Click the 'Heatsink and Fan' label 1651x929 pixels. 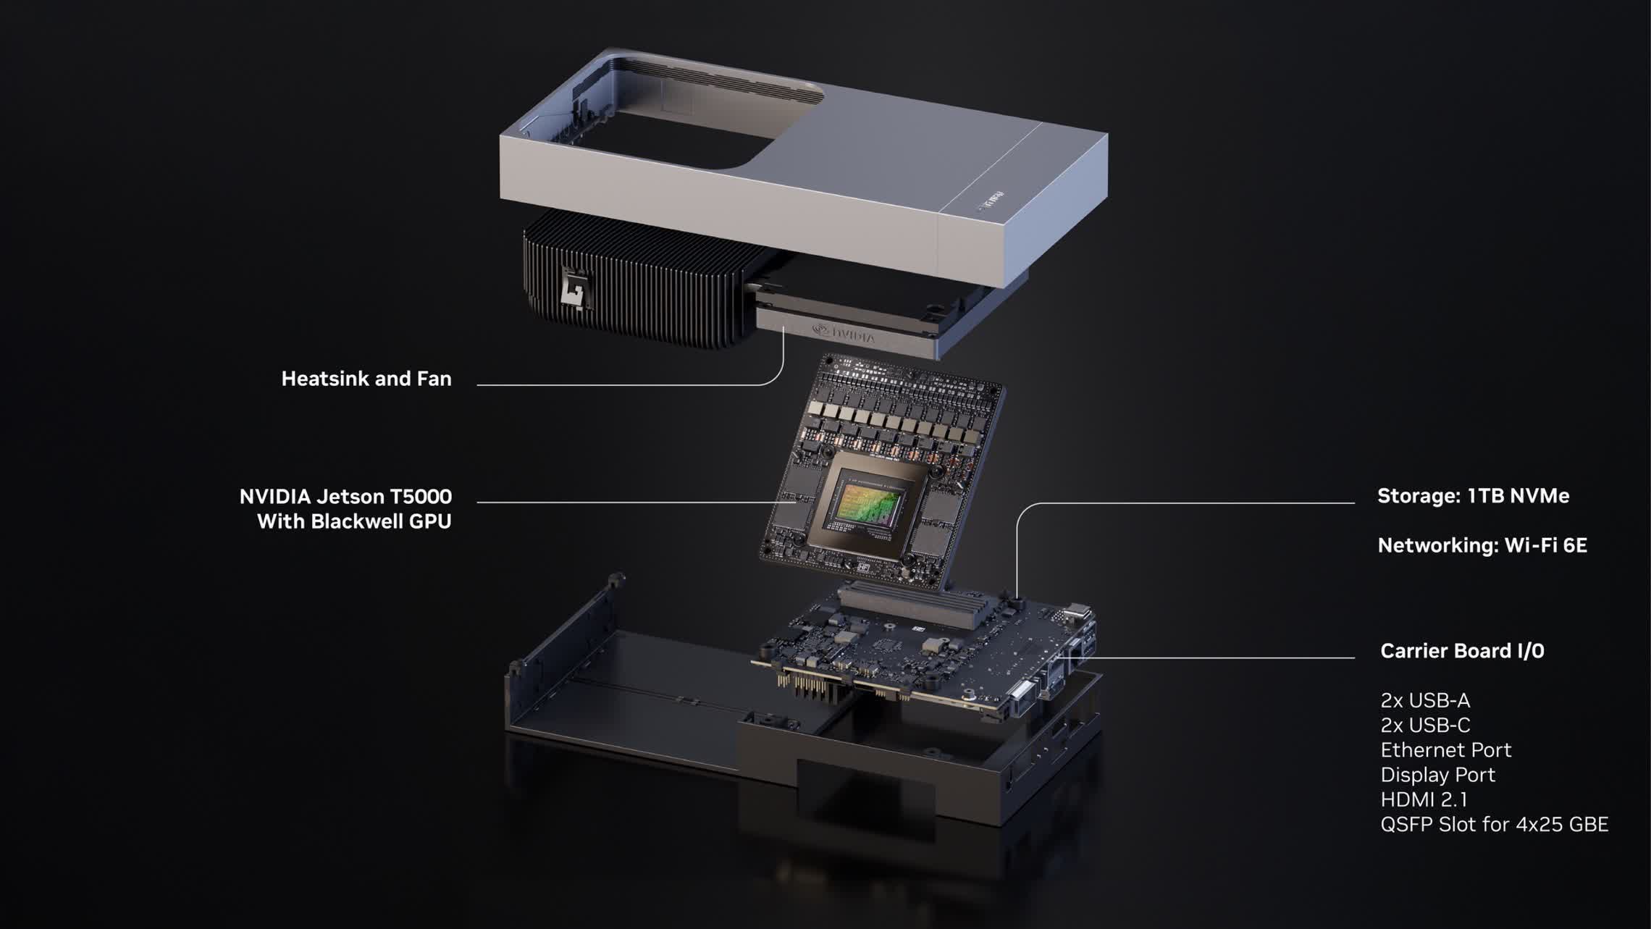tap(366, 379)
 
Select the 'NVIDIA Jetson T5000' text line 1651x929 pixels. tap(345, 497)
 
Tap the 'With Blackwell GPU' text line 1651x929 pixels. tap(354, 521)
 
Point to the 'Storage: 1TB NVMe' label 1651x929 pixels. tap(1473, 496)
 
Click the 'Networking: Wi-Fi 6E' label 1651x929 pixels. tap(1482, 545)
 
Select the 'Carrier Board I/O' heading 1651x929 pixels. tap(1461, 651)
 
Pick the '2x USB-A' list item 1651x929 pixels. tap(1424, 700)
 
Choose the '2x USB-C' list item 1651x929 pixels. tap(1424, 725)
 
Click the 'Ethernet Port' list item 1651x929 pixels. tap(1445, 749)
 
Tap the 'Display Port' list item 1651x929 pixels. tap(1437, 775)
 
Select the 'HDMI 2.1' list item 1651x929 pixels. tap(1423, 799)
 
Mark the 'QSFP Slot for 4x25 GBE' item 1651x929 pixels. tap(1494, 824)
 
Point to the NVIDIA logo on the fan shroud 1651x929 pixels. tap(844, 333)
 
